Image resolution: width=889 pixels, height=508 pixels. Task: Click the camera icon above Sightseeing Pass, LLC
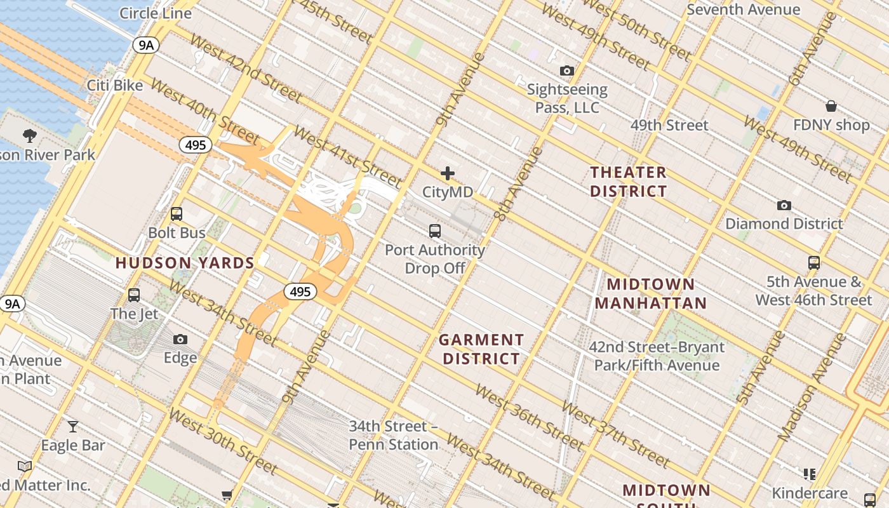(567, 70)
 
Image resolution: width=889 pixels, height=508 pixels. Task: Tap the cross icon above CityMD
(448, 173)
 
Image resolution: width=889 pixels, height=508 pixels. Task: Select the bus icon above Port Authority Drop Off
(435, 231)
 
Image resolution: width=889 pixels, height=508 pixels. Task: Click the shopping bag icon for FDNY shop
(831, 105)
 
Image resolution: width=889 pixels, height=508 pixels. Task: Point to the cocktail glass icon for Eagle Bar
(73, 426)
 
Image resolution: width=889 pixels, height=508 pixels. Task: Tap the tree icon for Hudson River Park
(29, 135)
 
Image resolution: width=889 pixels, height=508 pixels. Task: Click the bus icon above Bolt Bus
(177, 214)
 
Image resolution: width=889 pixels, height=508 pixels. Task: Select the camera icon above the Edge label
(180, 340)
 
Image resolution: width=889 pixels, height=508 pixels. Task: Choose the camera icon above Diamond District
(784, 205)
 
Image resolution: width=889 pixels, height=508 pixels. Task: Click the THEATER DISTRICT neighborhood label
(629, 182)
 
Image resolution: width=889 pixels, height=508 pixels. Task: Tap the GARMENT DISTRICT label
(481, 349)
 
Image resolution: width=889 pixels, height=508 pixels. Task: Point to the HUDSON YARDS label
(185, 263)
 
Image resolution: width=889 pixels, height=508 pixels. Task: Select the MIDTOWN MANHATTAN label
(651, 293)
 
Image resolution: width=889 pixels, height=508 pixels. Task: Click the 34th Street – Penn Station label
(393, 435)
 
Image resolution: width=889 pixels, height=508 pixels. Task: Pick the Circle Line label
(156, 13)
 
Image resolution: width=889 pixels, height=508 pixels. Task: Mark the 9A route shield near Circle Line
(145, 44)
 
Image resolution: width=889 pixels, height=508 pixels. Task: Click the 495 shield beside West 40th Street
(196, 145)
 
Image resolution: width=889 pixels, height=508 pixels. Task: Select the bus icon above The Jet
(133, 295)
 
